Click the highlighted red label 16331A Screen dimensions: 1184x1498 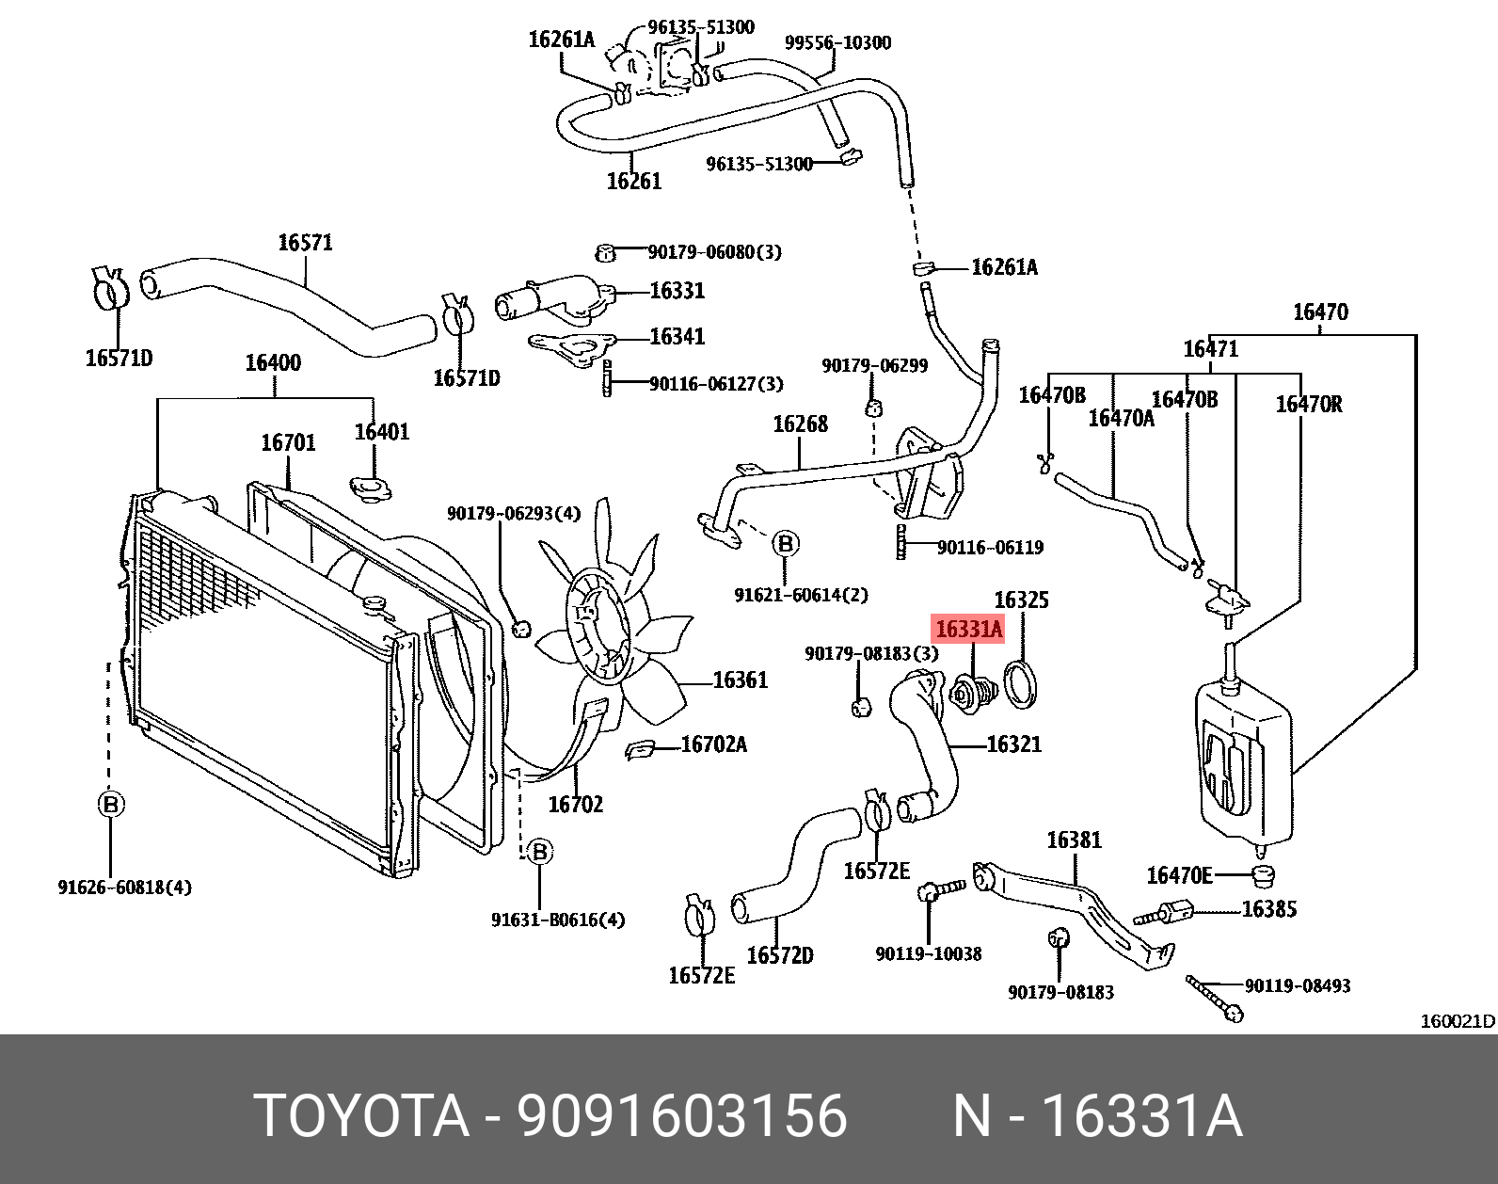coord(968,629)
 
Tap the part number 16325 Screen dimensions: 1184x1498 coord(1020,600)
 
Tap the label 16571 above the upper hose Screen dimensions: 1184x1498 coord(305,243)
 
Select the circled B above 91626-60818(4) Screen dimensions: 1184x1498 coord(110,805)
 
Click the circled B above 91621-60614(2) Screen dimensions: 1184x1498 coord(786,543)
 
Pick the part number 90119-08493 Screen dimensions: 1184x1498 coord(1297,985)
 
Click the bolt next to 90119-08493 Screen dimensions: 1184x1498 coord(1215,999)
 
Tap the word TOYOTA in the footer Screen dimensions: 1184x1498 coord(361,1116)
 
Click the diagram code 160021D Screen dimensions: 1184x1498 coord(1457,1021)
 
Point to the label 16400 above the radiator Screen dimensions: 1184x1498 coord(273,362)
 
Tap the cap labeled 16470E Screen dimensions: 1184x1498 coord(1264,878)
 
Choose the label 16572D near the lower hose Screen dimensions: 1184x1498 coord(779,955)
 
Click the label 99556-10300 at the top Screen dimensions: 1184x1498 coord(837,42)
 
